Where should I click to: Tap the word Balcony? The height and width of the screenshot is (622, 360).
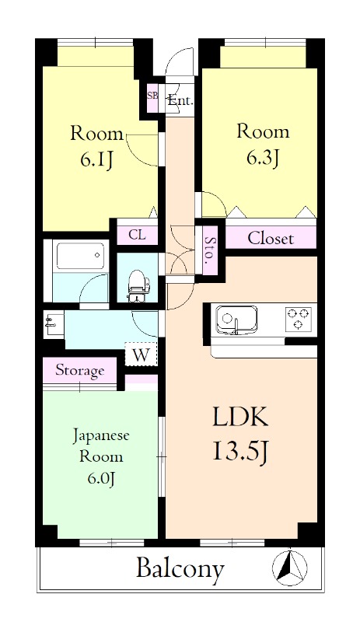click(180, 569)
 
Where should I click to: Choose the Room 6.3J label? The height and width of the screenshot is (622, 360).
click(263, 145)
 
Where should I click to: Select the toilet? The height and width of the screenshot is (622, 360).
click(138, 285)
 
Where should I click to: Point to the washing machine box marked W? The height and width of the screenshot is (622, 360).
click(141, 354)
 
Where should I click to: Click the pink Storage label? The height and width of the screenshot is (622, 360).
click(79, 371)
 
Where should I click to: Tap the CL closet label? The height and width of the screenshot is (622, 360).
click(137, 234)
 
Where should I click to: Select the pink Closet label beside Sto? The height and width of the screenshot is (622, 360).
click(271, 239)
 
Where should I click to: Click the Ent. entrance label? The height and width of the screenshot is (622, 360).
click(180, 100)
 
